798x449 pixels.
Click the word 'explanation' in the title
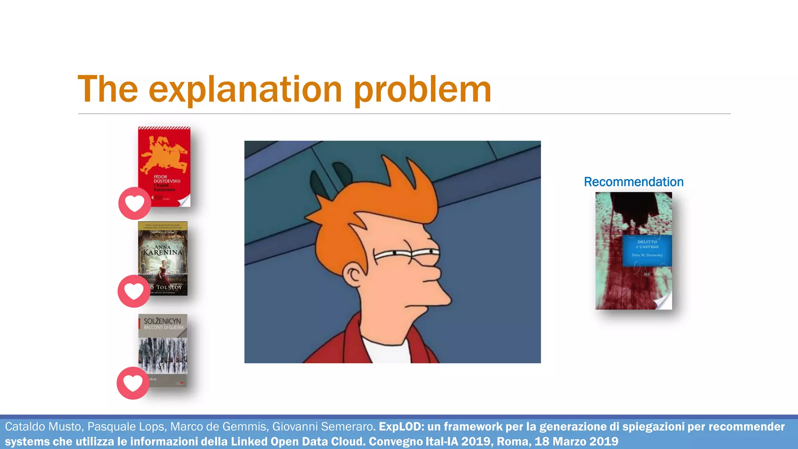245,90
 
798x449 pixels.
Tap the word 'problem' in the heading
423,90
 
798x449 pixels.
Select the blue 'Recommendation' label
634,182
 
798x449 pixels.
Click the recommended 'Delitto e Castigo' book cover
634,251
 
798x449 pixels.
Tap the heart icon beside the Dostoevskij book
134,203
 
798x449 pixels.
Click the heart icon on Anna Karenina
134,291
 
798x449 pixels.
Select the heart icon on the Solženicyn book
133,383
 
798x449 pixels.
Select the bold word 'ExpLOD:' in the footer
401,427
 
